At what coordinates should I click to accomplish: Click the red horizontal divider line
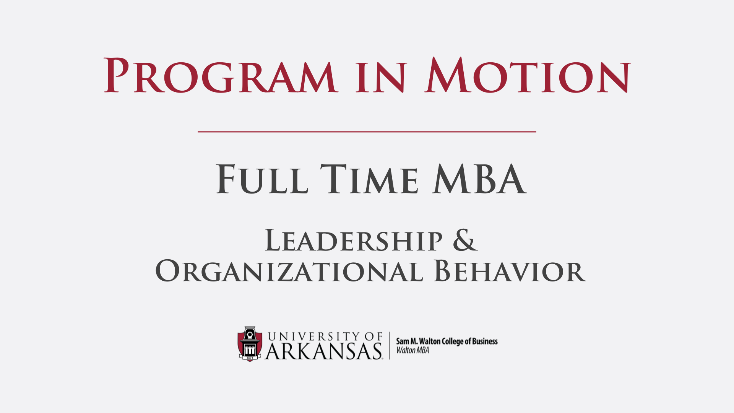[367, 132]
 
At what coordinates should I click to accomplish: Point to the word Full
[262, 179]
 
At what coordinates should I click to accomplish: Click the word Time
[369, 179]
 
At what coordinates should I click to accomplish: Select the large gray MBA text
[480, 179]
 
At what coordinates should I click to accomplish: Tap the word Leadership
[354, 241]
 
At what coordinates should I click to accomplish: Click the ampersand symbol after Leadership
[465, 241]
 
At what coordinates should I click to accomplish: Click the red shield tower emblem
[250, 344]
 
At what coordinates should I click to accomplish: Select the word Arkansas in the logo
[323, 351]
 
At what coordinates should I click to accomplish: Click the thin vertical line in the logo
[390, 345]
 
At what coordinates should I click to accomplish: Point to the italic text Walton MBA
[412, 350]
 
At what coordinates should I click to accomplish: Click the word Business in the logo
[485, 341]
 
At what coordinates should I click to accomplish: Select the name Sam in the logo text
[402, 341]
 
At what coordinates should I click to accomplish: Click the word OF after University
[373, 337]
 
